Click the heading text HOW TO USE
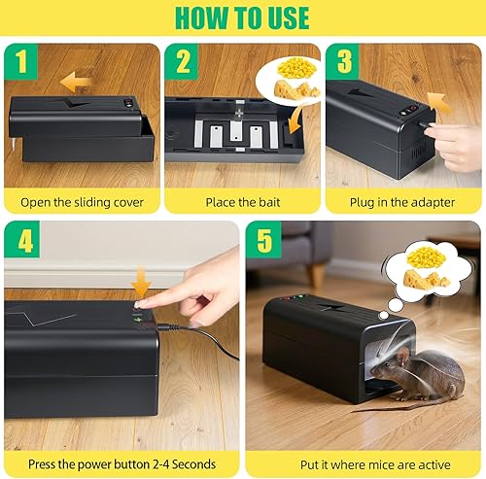(x=242, y=18)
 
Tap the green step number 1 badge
(x=20, y=61)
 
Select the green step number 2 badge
(x=183, y=61)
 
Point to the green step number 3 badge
(x=343, y=61)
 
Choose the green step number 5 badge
(x=264, y=240)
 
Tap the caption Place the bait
(x=242, y=203)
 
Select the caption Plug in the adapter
(x=402, y=203)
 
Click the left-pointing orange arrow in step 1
(x=78, y=83)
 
